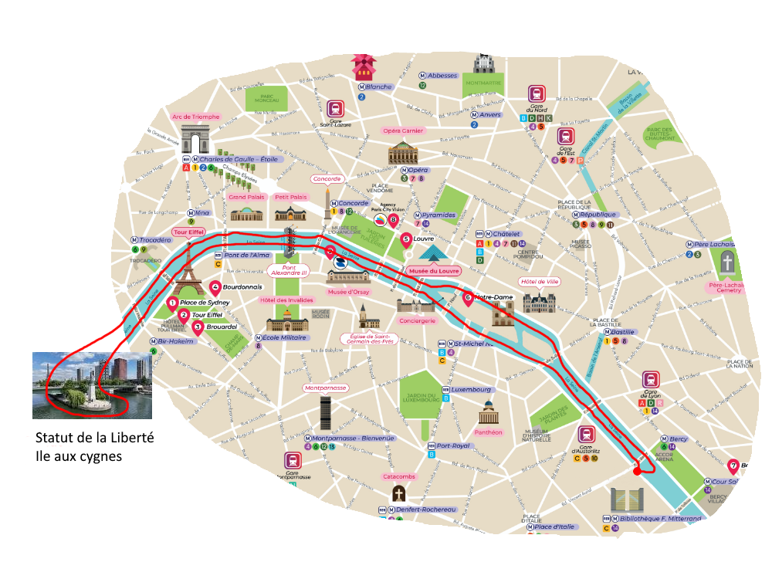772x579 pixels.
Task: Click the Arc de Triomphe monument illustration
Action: [x=201, y=142]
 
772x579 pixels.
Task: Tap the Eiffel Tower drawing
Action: [x=188, y=267]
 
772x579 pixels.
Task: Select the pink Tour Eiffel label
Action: [x=188, y=232]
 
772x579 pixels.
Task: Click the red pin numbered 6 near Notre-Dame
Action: [x=467, y=296]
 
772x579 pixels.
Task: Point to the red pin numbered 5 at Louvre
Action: [x=407, y=240]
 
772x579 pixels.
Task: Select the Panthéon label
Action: [x=488, y=432]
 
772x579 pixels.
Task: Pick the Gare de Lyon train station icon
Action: [x=651, y=380]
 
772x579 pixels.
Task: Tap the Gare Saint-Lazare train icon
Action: [x=334, y=109]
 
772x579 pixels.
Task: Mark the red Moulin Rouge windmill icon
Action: [x=362, y=66]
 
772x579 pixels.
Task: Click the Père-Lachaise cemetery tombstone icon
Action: [x=727, y=264]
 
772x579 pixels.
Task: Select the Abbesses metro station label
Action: [x=442, y=76]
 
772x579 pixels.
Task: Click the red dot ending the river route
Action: [x=636, y=470]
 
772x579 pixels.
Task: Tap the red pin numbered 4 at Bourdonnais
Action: [x=215, y=287]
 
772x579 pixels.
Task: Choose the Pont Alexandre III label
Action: [x=287, y=270]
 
